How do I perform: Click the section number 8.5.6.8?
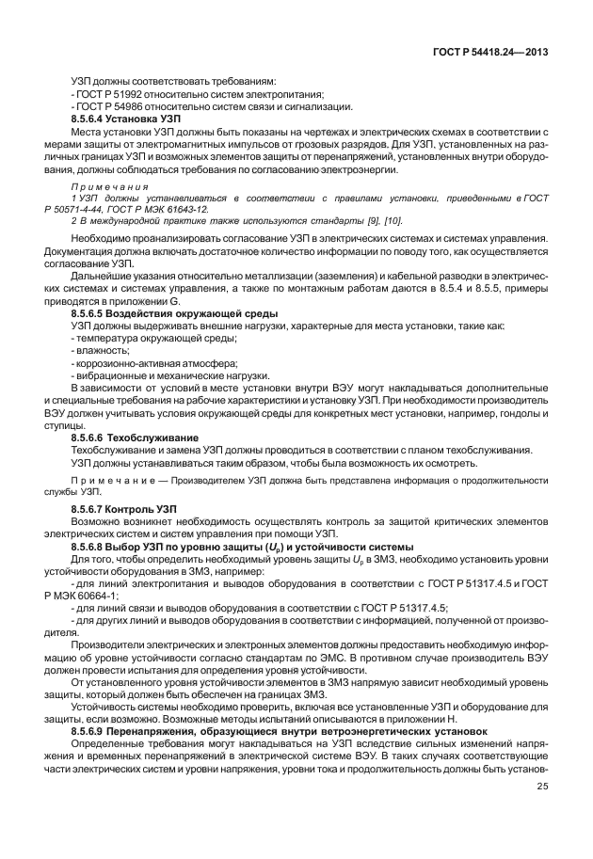pos(91,547)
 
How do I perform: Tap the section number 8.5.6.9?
pos(91,730)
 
